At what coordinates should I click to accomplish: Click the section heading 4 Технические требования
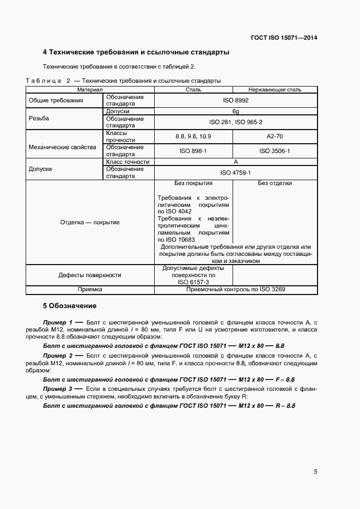136,53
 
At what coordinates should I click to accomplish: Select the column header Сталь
193,89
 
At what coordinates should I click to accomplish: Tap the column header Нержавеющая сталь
274,89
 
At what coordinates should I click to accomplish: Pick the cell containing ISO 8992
235,101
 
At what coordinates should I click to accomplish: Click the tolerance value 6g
236,111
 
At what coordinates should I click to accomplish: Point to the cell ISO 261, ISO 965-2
236,122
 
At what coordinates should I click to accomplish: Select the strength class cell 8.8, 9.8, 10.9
193,136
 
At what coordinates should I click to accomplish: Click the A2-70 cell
274,136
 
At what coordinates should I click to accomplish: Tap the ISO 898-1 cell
193,151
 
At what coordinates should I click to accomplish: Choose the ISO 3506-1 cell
274,151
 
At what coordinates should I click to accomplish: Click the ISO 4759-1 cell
235,173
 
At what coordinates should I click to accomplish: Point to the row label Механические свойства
62,147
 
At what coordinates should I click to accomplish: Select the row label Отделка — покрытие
90,222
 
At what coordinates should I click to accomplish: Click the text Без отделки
274,183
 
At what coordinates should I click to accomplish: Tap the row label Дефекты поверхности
90,275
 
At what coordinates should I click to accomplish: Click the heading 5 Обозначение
69,306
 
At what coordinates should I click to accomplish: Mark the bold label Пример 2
57,354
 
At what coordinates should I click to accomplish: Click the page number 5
315,472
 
